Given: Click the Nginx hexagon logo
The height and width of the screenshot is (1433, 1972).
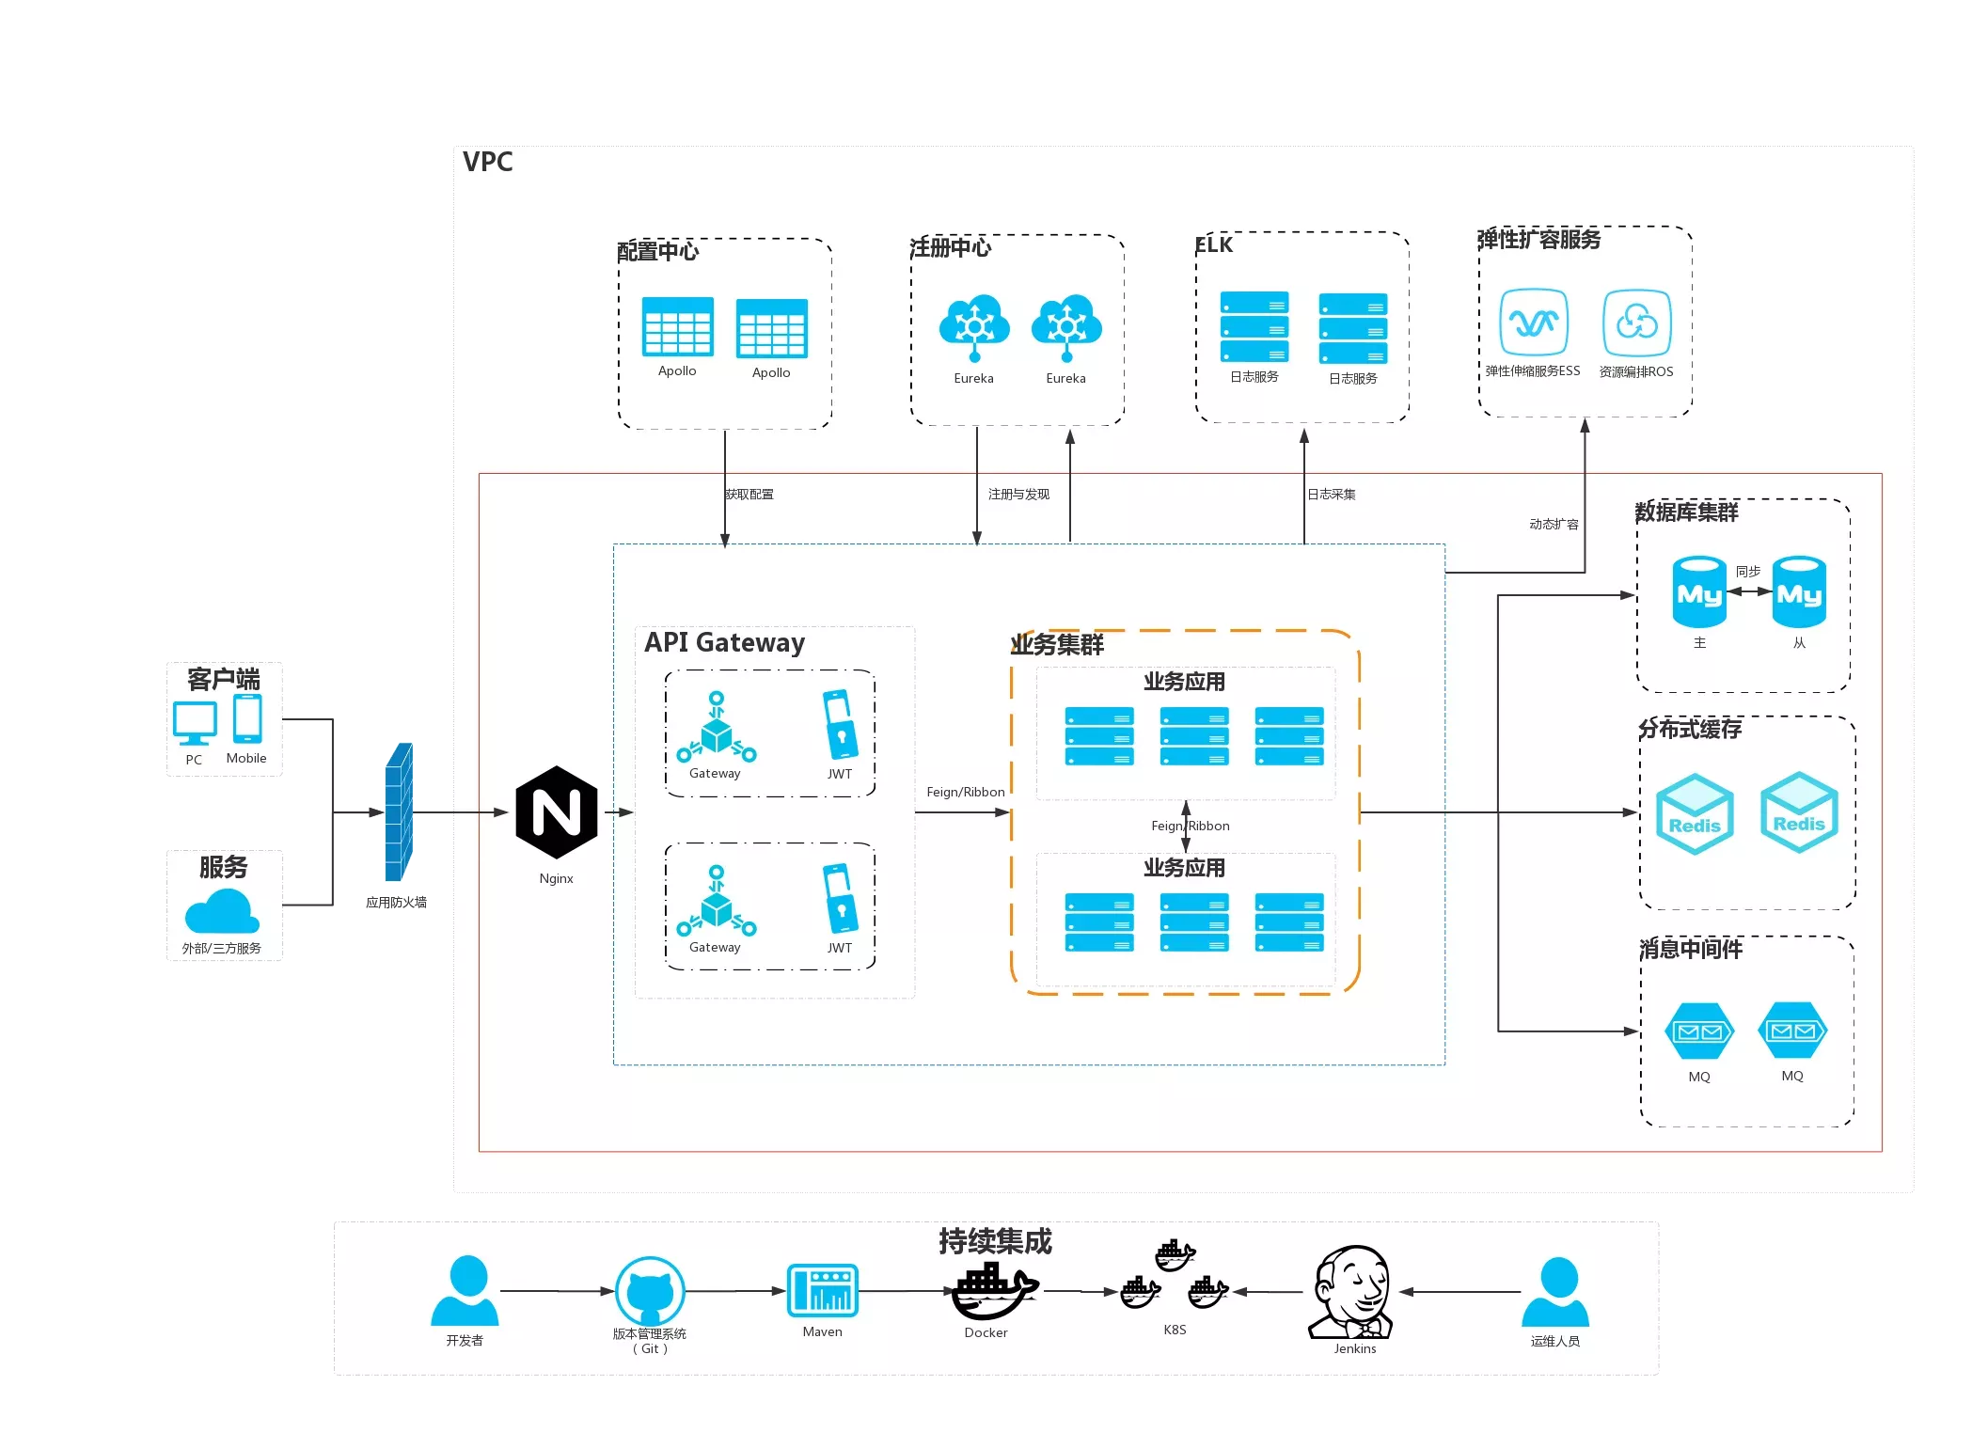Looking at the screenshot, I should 556,811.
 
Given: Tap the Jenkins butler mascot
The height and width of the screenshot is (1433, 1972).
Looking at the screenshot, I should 1351,1292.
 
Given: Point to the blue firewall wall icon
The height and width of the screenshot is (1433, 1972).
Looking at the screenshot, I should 399,812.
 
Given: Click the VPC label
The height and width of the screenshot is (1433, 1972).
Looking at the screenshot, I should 487,162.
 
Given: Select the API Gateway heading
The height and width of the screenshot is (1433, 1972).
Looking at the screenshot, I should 724,642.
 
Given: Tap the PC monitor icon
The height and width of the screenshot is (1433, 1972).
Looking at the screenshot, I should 195,723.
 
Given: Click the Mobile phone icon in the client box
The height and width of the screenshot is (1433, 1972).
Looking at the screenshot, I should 247,719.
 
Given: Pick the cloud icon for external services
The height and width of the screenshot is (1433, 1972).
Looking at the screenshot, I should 222,911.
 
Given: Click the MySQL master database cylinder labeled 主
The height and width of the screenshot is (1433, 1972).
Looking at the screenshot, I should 1698,592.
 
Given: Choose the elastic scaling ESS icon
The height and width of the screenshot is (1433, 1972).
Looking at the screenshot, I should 1533,323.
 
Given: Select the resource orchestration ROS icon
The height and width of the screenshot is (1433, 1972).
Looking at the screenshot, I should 1636,323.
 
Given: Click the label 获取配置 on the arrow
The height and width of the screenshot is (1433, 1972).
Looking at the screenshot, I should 749,495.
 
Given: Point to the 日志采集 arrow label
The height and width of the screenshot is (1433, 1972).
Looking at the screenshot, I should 1331,495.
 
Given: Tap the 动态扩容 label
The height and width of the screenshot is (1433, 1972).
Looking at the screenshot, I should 1554,525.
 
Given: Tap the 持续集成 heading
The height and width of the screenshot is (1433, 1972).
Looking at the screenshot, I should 995,1241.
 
